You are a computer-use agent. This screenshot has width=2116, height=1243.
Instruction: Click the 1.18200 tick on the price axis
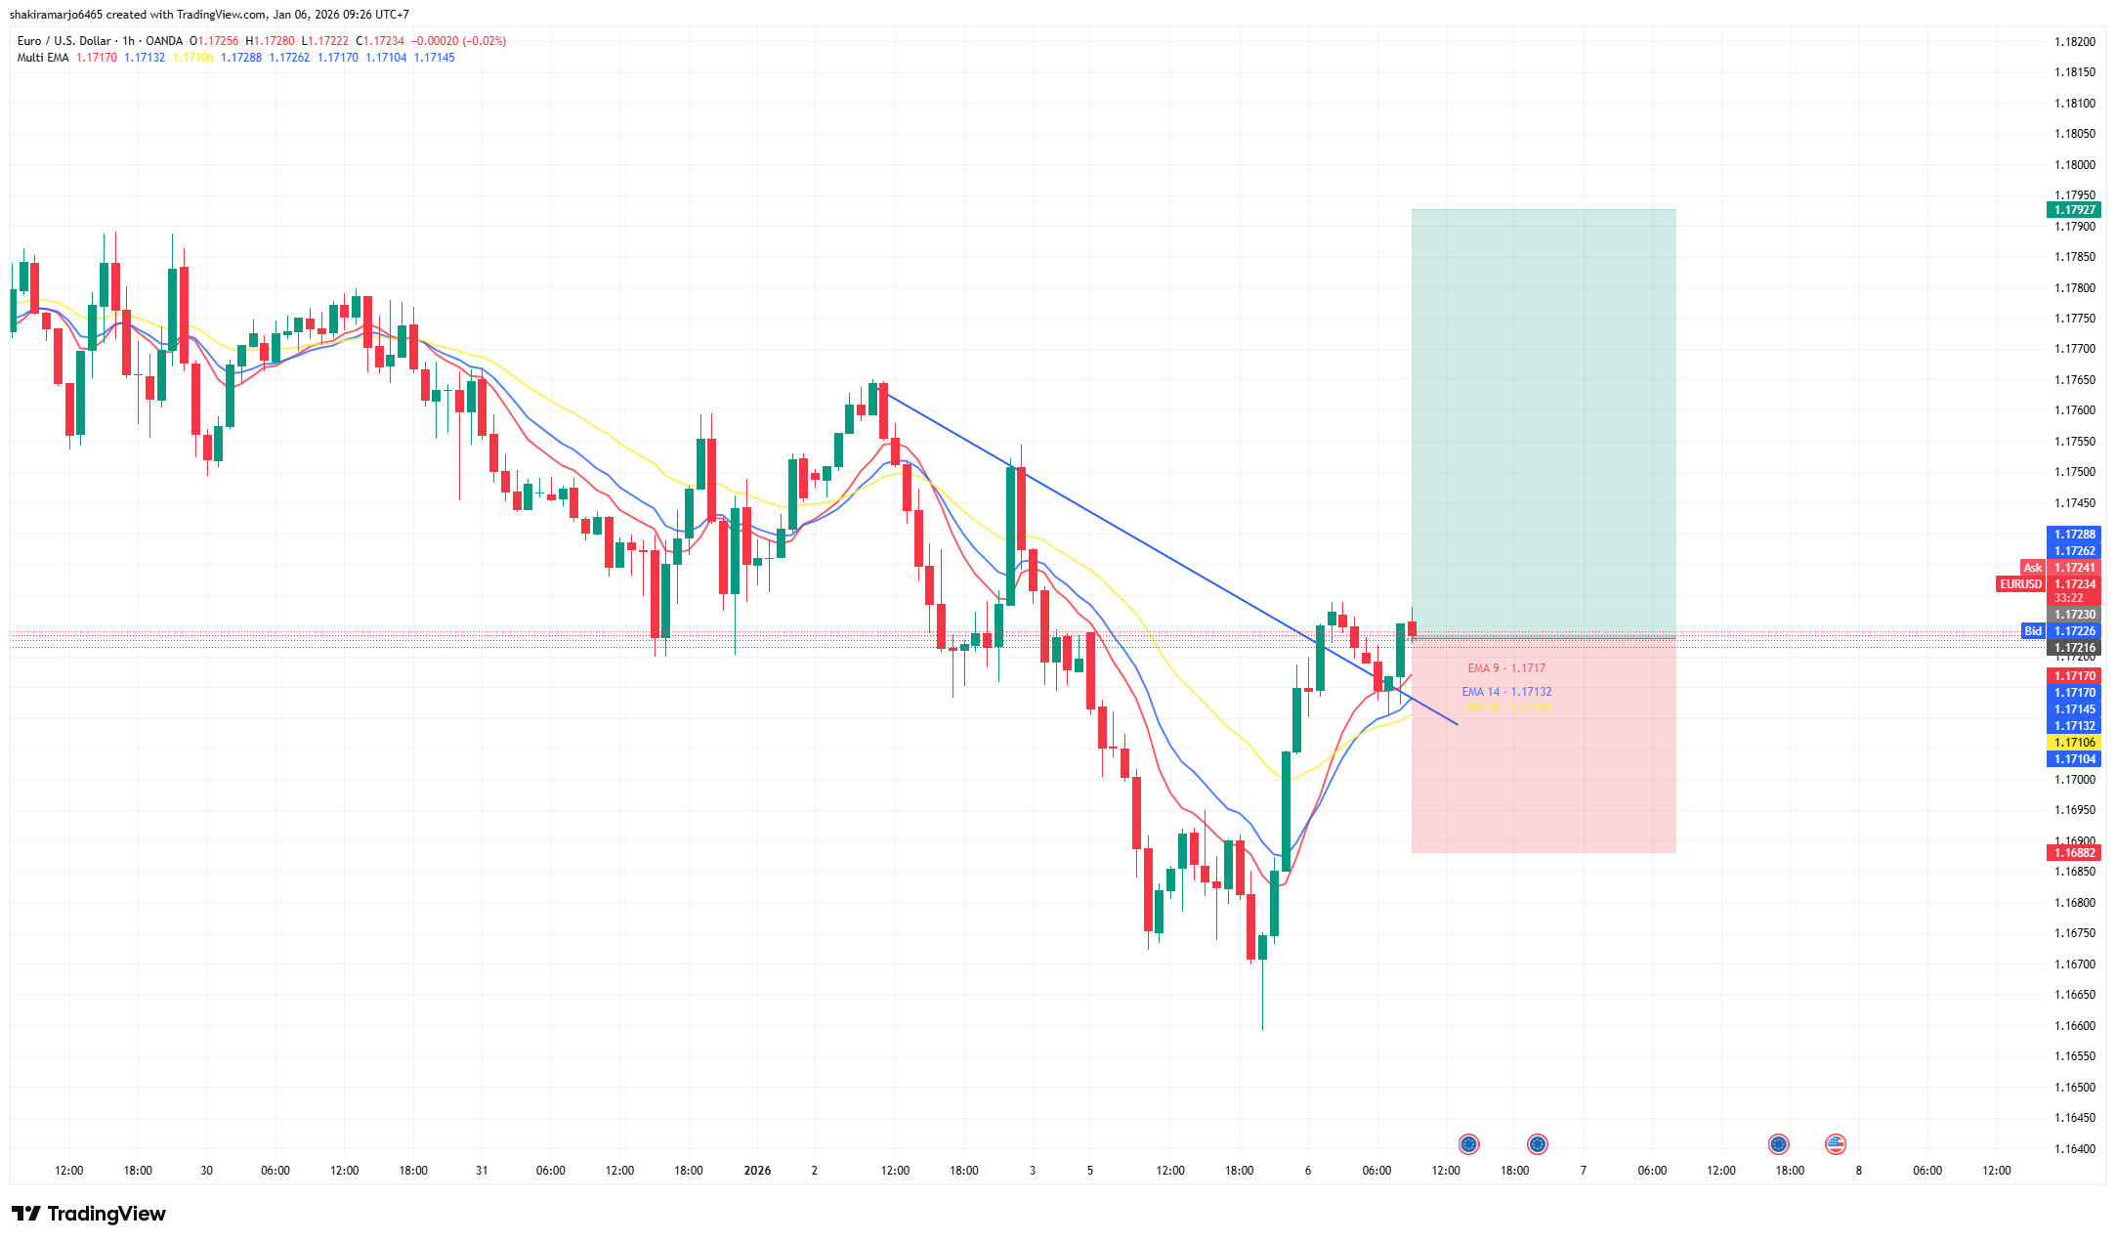(2074, 42)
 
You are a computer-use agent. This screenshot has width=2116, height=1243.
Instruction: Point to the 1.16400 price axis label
(2074, 1148)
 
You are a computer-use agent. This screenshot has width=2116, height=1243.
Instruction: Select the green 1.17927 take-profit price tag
(2074, 210)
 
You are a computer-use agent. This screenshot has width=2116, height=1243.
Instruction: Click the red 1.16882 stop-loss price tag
(2074, 853)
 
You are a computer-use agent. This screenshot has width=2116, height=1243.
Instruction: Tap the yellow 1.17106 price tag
(2074, 743)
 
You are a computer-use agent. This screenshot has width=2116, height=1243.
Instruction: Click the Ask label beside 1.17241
(2032, 568)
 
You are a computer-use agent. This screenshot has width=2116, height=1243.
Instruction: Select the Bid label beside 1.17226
(2032, 631)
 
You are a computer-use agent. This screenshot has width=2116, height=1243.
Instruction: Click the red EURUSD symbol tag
(2020, 584)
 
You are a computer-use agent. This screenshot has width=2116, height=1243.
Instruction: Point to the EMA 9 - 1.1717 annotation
(1505, 668)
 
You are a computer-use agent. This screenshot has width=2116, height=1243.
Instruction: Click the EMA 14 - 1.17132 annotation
(1505, 692)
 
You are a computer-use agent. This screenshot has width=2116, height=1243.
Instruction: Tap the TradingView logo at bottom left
(89, 1214)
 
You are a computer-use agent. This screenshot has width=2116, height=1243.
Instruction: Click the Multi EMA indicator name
(43, 58)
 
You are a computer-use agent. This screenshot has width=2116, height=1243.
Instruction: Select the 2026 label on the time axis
(757, 1171)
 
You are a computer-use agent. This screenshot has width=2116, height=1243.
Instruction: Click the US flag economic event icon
(1836, 1144)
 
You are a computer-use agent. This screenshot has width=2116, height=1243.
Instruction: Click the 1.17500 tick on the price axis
(2074, 472)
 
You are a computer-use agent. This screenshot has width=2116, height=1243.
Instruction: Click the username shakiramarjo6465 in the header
(56, 15)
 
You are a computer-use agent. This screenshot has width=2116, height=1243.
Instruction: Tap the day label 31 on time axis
(482, 1171)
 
